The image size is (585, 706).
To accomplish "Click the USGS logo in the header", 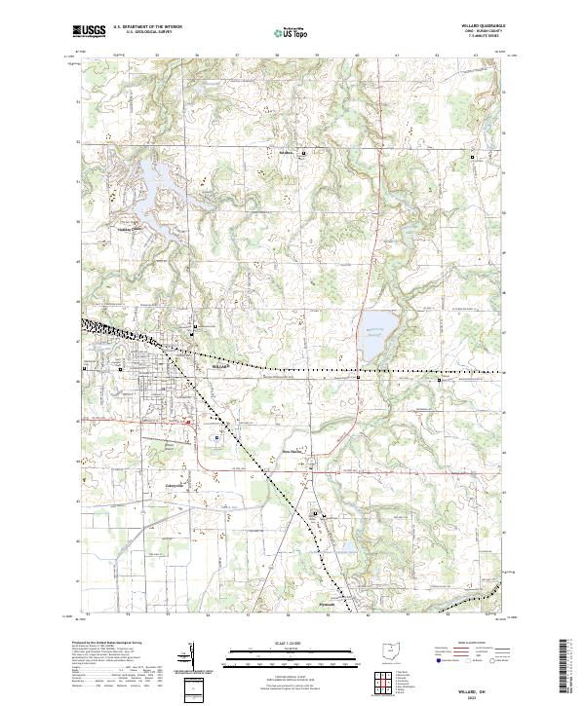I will click(x=89, y=31).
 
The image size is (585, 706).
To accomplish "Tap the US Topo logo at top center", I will click(x=292, y=31).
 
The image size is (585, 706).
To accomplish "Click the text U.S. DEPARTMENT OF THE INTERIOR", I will click(x=146, y=27).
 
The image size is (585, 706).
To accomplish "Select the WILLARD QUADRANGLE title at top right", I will click(x=485, y=27).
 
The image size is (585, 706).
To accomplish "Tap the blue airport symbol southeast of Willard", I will click(x=215, y=438).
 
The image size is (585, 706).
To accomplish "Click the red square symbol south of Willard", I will click(x=185, y=422).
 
